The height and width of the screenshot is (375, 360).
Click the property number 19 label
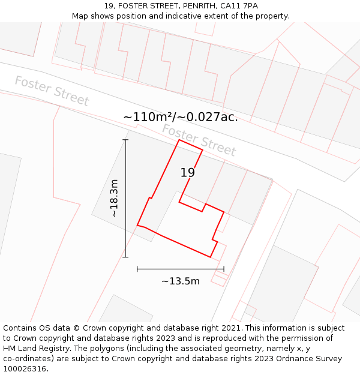[188, 173]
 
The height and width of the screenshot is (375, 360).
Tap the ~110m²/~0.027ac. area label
[180, 117]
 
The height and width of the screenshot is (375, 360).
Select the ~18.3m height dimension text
[113, 198]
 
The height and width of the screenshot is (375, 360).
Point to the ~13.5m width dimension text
[181, 281]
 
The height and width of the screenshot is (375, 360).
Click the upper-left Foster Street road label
[52, 91]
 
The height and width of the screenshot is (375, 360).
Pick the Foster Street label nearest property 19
[199, 140]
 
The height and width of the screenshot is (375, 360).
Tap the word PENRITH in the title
[184, 6]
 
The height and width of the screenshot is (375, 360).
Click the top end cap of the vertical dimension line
[125, 140]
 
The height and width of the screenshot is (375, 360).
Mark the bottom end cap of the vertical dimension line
[125, 257]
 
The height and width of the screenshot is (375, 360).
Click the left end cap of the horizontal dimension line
[137, 269]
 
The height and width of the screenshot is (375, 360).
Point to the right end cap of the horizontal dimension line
[224, 269]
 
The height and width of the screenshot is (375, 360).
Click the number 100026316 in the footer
[23, 369]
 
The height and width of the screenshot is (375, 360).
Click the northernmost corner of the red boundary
[179, 141]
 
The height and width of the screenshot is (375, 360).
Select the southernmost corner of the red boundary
[211, 257]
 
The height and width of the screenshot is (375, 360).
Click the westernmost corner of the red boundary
[137, 226]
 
